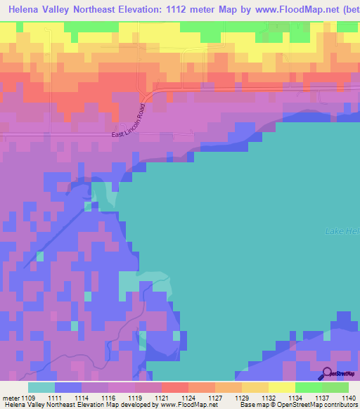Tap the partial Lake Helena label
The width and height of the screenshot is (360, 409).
click(342, 231)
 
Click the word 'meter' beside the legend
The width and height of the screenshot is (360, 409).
click(11, 398)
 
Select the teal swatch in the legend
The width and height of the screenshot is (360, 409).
click(41, 387)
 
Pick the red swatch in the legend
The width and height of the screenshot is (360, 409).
click(174, 387)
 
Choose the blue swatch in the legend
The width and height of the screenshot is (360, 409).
click(68, 387)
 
